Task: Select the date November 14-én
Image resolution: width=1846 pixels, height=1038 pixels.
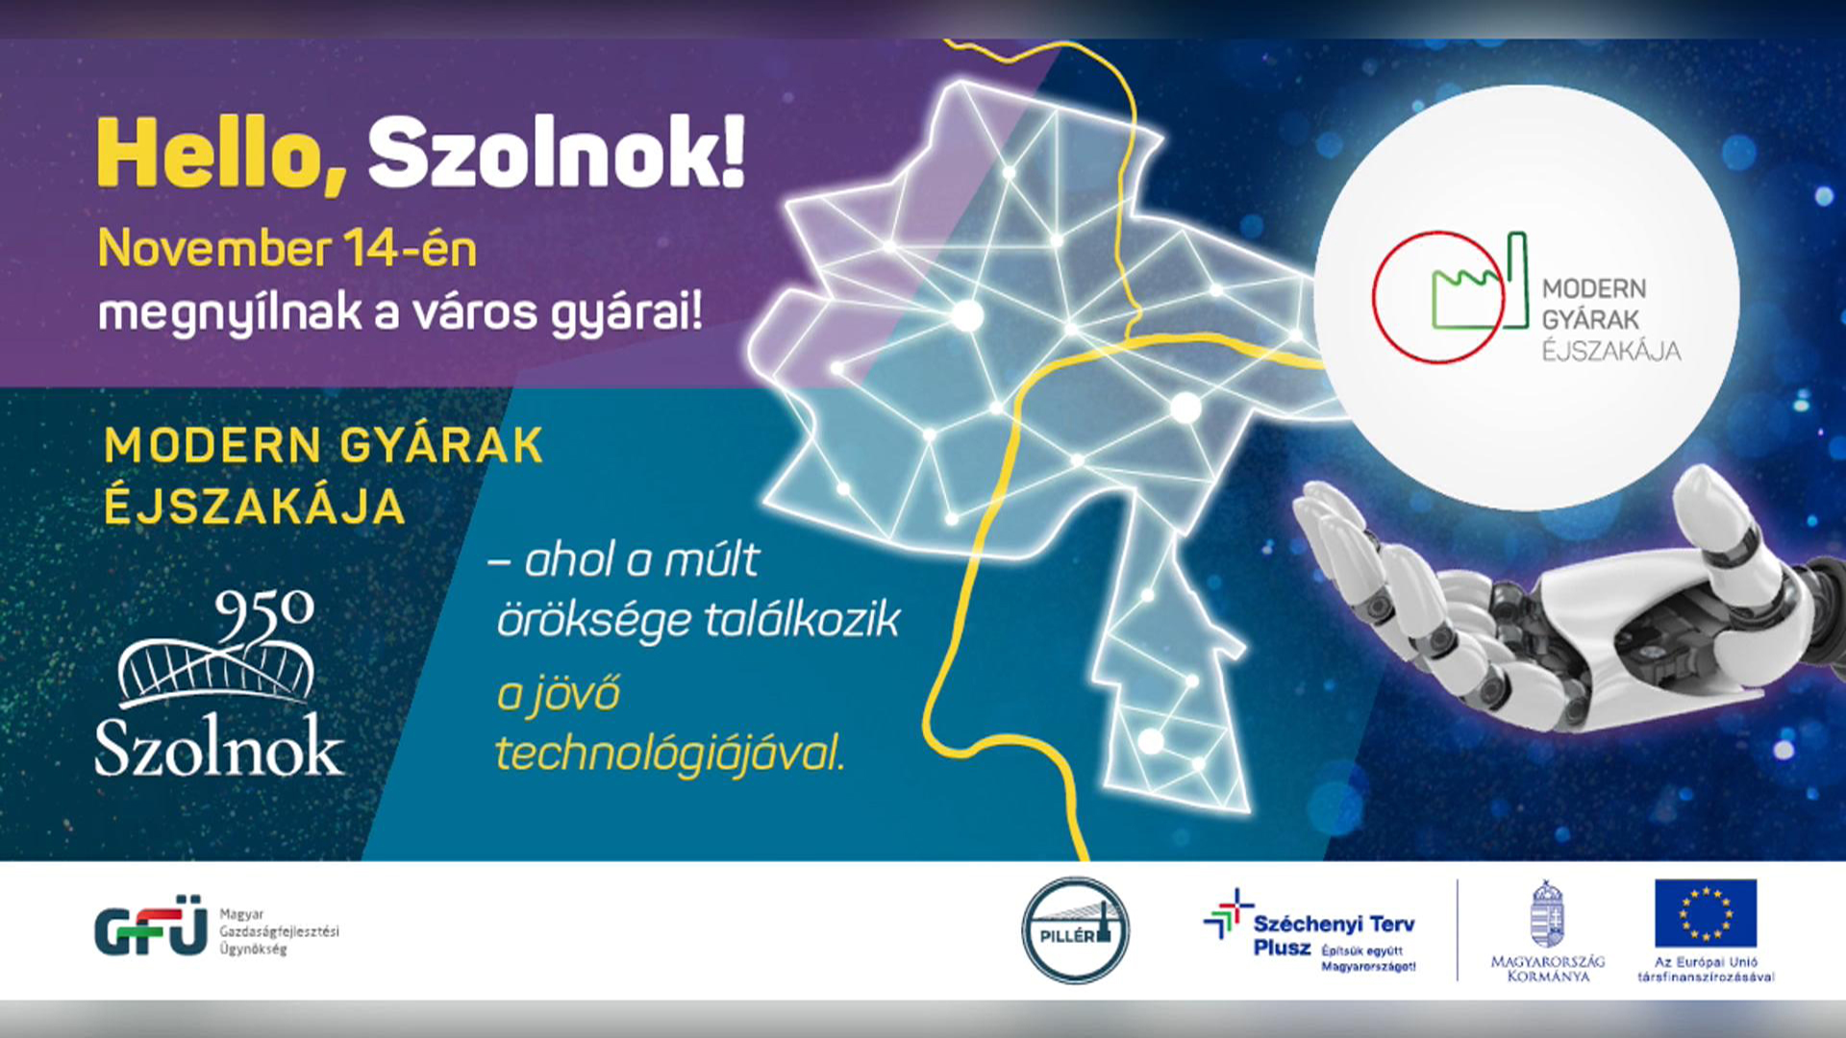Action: (287, 249)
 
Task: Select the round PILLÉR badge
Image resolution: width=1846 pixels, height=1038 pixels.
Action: (1075, 930)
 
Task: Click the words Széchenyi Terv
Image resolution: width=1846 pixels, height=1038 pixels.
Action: (1334, 925)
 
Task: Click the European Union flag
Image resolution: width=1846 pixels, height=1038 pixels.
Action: (1706, 913)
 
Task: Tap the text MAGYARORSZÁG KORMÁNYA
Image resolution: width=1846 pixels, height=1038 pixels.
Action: (1548, 969)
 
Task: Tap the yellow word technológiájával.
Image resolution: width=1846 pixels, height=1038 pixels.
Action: (670, 754)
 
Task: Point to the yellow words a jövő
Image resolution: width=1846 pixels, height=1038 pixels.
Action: (559, 694)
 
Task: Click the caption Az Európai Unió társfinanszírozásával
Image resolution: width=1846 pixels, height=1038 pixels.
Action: (1706, 969)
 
